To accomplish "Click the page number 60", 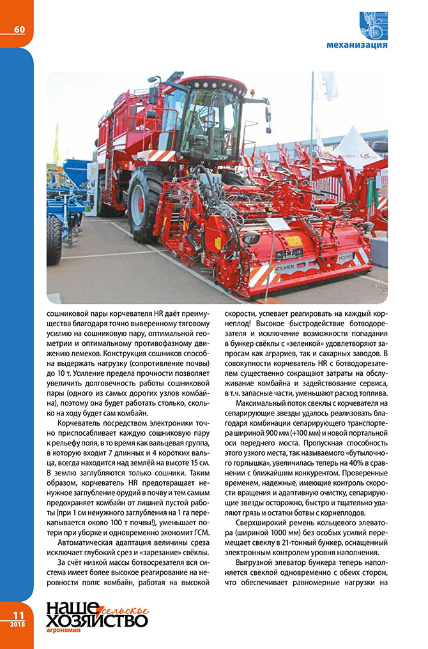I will (19, 29).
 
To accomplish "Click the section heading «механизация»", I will (356, 45).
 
